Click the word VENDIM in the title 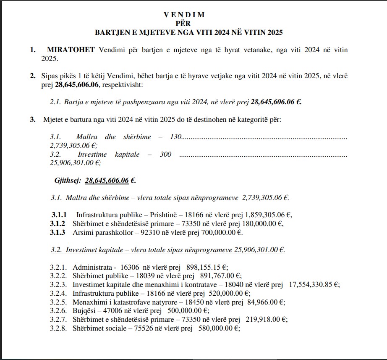tap(184, 15)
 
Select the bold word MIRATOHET tap(71, 50)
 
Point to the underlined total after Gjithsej tap(107, 181)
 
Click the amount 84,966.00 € tap(264, 302)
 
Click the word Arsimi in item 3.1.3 tap(82, 232)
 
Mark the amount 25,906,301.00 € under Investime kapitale tap(75, 163)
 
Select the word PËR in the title tap(184, 23)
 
